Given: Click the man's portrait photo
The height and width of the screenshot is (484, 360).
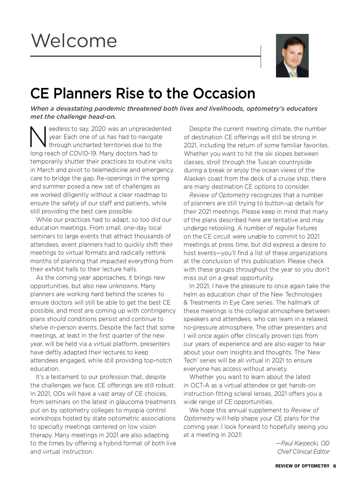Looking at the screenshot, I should tap(292, 56).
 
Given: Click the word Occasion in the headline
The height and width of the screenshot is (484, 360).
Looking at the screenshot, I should tap(224, 93).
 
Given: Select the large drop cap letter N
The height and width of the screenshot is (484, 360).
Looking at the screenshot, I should tap(38, 137).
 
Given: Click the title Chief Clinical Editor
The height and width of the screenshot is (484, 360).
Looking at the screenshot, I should tap(303, 452).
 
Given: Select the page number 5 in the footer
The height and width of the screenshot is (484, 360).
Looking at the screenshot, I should tap(334, 466).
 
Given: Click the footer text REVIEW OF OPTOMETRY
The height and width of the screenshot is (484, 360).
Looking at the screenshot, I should tap(302, 466).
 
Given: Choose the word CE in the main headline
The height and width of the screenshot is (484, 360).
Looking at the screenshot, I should tap(40, 93).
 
